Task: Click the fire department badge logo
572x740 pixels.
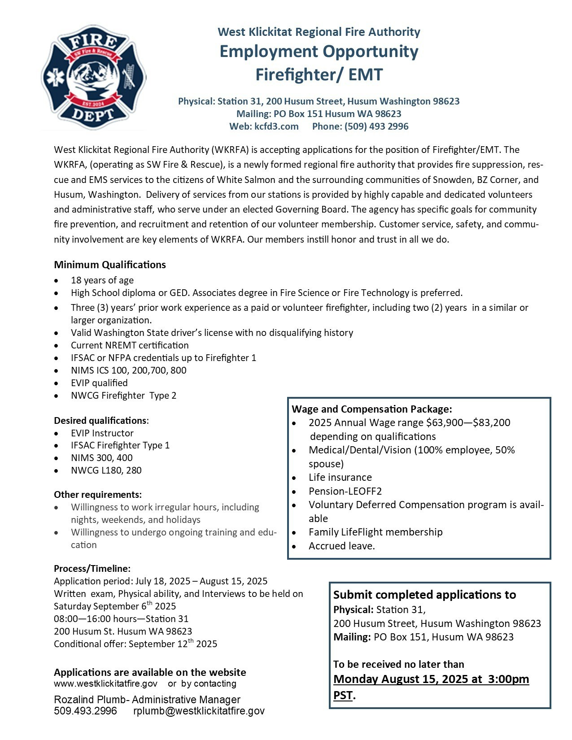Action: tap(93, 78)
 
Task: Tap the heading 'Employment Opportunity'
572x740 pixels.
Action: tap(319, 52)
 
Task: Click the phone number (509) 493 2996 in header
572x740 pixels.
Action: tap(360, 126)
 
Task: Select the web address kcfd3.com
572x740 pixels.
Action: tap(276, 126)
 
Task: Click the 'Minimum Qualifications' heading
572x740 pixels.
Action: tap(110, 265)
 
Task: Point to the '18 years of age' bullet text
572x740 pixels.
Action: tap(102, 280)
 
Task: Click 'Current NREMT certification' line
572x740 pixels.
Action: tap(130, 345)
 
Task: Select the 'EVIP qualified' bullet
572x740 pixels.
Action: tap(99, 383)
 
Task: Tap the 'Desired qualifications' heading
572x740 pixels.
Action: tap(100, 421)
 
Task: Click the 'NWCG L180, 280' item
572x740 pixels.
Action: tap(106, 470)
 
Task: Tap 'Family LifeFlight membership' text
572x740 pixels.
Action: tap(376, 532)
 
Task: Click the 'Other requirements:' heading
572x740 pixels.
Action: tap(98, 495)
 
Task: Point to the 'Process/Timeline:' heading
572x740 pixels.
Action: tap(92, 569)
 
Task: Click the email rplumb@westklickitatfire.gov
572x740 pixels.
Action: tap(199, 711)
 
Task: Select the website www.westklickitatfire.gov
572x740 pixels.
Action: tap(106, 683)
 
